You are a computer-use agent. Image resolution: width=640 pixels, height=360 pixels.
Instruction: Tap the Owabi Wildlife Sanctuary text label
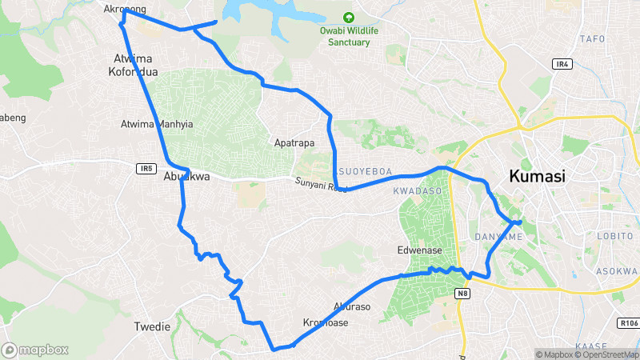pyautogui.click(x=350, y=37)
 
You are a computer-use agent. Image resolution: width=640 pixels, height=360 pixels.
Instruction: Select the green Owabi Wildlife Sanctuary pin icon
pyautogui.click(x=348, y=18)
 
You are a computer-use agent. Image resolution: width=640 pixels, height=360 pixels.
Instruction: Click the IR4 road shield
pyautogui.click(x=562, y=63)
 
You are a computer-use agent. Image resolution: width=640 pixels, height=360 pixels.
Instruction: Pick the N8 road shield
pyautogui.click(x=462, y=294)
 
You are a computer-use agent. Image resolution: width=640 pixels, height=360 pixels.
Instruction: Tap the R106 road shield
pyautogui.click(x=628, y=323)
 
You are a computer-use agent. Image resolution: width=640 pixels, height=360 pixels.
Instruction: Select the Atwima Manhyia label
pyautogui.click(x=157, y=125)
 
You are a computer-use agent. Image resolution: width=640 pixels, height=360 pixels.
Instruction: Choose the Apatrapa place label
pyautogui.click(x=294, y=143)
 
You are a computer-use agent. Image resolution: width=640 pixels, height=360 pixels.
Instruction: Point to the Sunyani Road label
pyautogui.click(x=317, y=184)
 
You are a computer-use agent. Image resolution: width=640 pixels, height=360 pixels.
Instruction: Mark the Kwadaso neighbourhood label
pyautogui.click(x=418, y=192)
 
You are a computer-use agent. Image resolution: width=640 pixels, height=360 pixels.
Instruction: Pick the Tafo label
pyautogui.click(x=591, y=38)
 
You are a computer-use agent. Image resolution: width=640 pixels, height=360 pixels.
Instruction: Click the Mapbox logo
pyautogui.click(x=34, y=350)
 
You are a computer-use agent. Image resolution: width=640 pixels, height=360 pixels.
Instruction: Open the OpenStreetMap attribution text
pyautogui.click(x=605, y=354)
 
